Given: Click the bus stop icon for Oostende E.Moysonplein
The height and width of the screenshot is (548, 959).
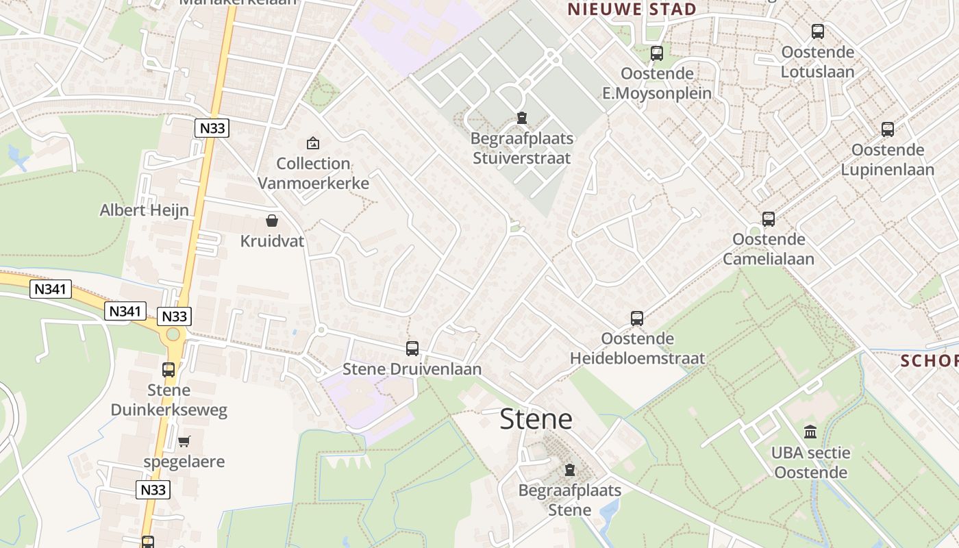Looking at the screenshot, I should tap(657, 53).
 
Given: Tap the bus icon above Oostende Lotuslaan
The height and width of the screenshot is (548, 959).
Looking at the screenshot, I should tap(818, 31).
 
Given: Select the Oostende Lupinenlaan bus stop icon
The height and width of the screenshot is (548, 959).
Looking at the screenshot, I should tap(888, 129).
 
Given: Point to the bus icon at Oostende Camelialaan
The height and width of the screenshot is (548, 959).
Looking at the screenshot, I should tap(769, 219).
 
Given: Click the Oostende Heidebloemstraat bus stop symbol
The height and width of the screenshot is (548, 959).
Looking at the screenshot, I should tap(637, 318).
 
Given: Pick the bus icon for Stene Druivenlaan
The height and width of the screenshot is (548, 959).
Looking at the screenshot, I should tap(412, 348).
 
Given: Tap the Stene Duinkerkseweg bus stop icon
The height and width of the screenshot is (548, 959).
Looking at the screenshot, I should tap(169, 370).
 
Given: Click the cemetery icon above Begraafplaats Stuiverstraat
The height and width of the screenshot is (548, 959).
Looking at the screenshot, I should tap(522, 118).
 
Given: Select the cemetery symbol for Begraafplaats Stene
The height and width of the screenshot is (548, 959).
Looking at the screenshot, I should tap(569, 470).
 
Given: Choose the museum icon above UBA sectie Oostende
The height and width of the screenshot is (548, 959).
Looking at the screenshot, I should tap(810, 432).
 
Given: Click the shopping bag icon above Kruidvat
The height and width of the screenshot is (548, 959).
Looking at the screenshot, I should tap(272, 221).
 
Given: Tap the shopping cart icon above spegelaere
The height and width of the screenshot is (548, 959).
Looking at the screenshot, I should tap(184, 442).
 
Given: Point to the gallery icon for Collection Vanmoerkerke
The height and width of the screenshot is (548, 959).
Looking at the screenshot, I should tap(313, 142).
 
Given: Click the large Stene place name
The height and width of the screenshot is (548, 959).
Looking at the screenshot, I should tap(536, 419).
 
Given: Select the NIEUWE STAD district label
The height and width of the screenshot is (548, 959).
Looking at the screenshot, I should tap(632, 10).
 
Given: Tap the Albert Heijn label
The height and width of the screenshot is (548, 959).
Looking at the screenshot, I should tap(144, 210).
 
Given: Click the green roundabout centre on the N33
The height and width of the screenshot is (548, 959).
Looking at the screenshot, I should tap(173, 334).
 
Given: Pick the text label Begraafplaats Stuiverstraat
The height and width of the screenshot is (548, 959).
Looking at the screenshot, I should tap(522, 149).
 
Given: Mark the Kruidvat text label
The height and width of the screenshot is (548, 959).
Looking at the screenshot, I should tap(272, 241).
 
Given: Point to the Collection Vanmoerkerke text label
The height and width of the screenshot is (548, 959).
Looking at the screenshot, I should tap(314, 173).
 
